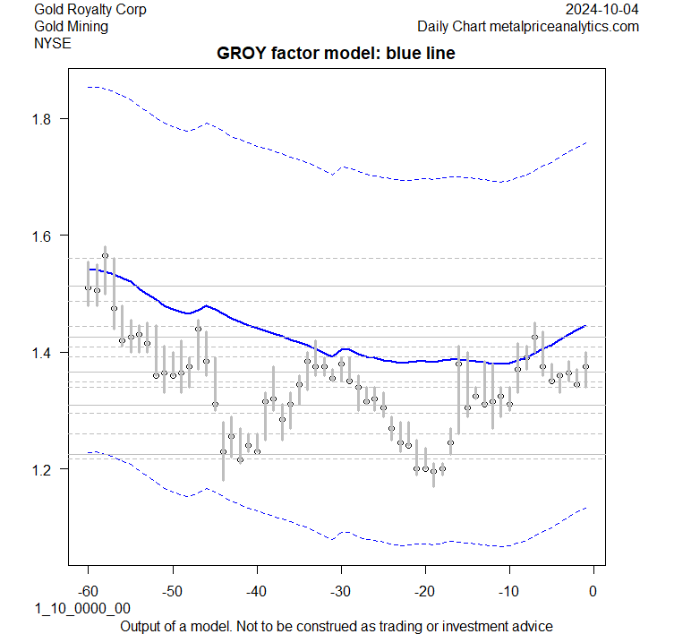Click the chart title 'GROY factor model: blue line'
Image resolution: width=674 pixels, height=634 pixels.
click(336, 54)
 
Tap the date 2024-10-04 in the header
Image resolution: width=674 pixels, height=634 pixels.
click(603, 10)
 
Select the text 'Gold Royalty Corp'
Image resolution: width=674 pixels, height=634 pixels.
click(90, 10)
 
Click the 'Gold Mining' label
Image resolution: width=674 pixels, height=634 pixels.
click(71, 27)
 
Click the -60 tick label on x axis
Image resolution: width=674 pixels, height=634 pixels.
click(88, 591)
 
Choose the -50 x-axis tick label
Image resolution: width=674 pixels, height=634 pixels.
click(172, 591)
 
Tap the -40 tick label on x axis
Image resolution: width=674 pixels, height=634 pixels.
click(256, 591)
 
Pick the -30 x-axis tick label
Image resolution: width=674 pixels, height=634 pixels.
click(340, 591)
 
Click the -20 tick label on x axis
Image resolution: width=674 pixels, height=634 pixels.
click(424, 591)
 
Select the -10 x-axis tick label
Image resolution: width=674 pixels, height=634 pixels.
click(508, 591)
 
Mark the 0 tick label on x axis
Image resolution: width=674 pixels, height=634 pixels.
click(593, 591)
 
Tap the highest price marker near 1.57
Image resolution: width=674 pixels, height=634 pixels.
click(105, 256)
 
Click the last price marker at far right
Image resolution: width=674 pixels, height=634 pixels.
click(586, 366)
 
